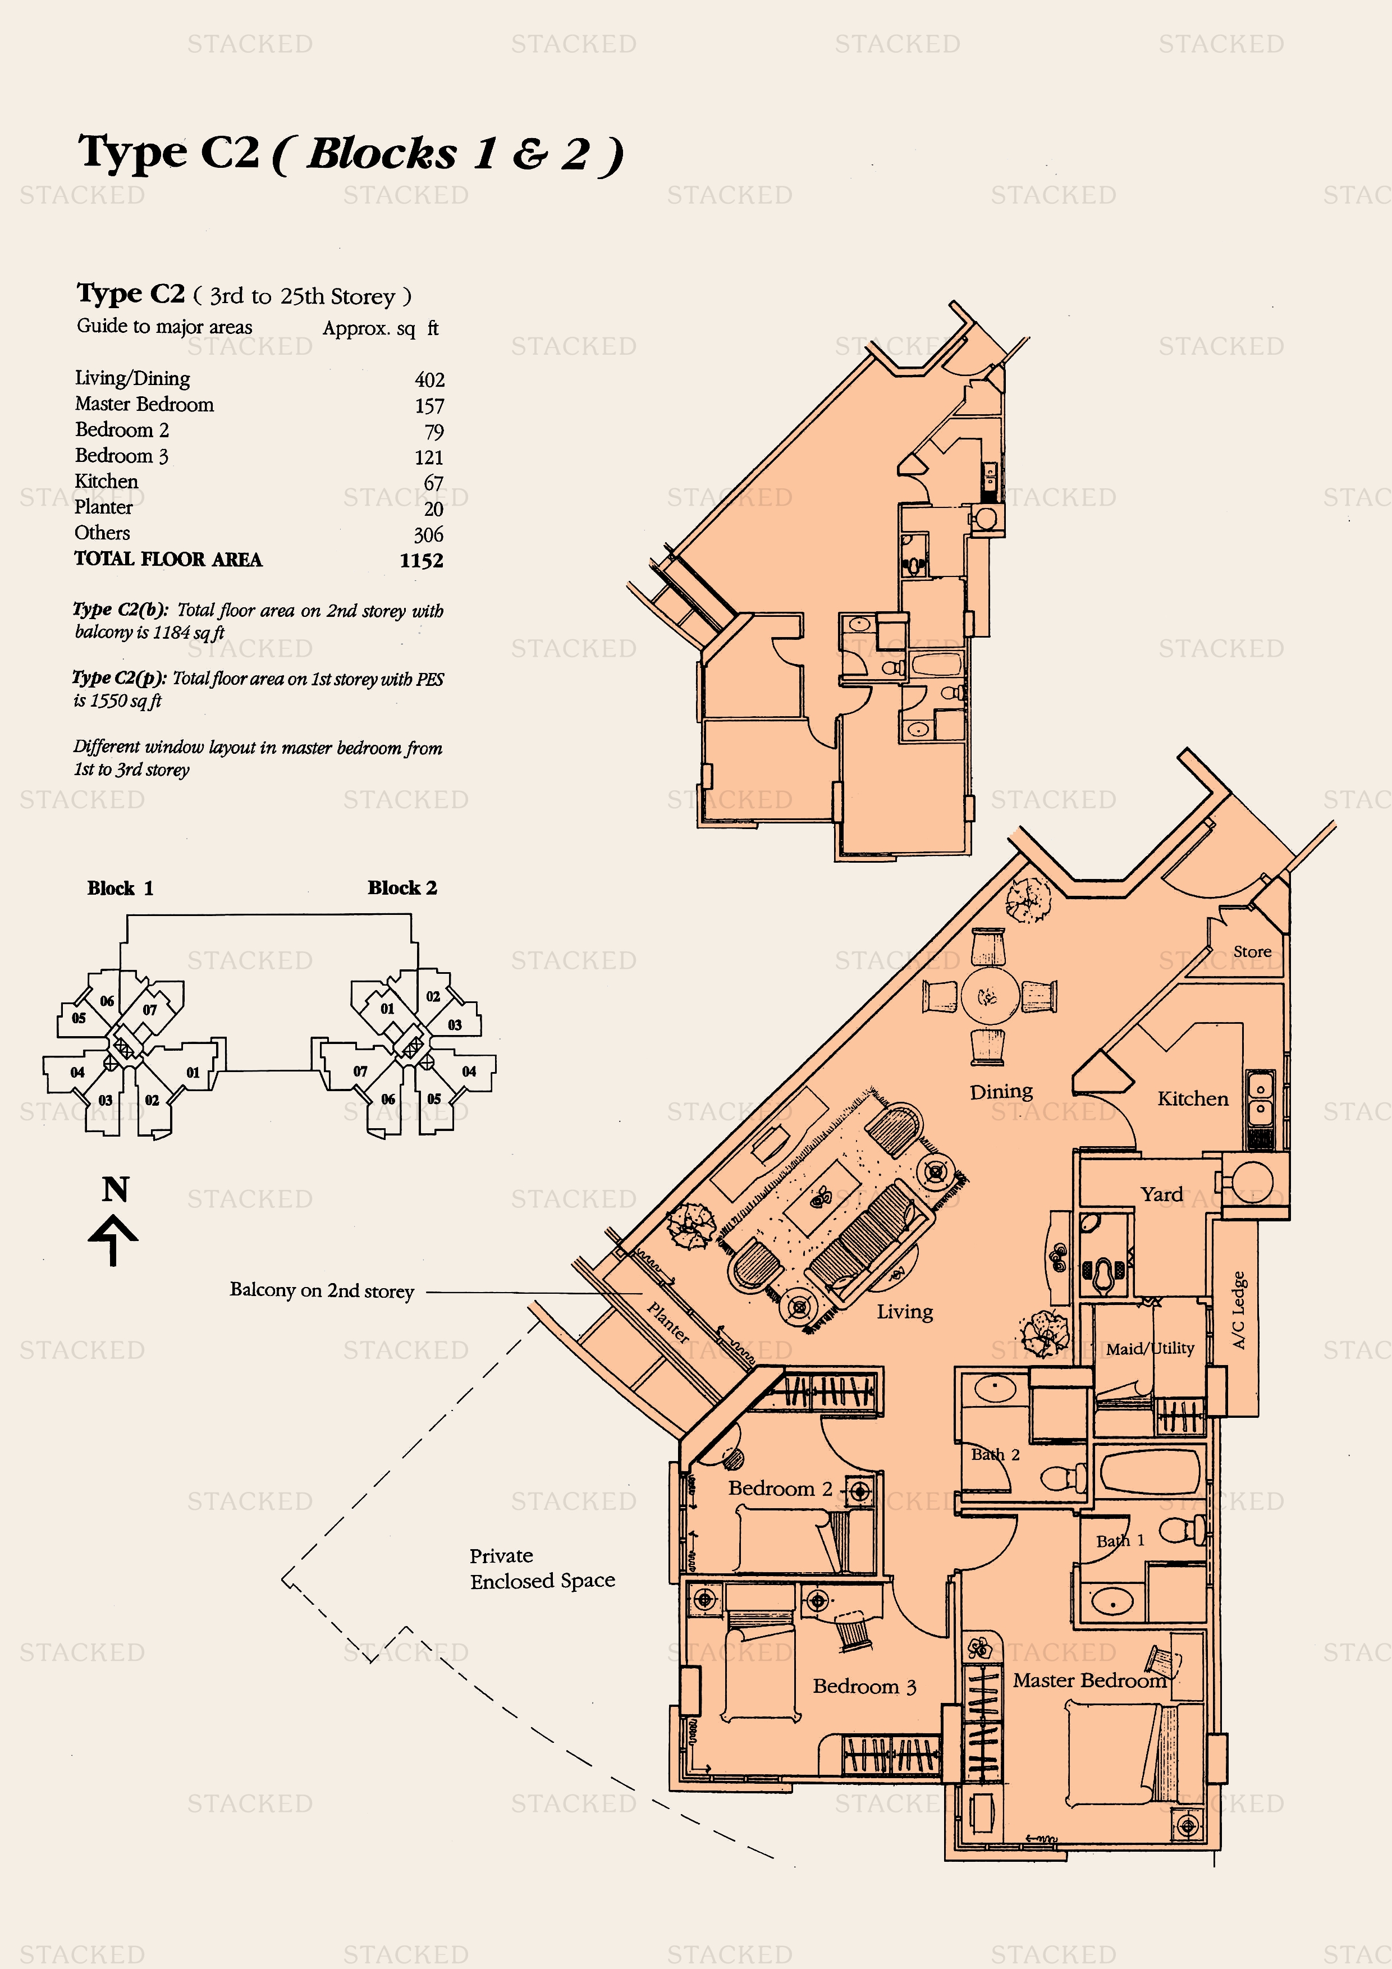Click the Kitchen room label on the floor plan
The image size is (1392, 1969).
pyautogui.click(x=1192, y=1098)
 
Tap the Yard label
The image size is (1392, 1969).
pyautogui.click(x=1161, y=1194)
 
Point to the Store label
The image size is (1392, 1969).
pyautogui.click(x=1252, y=952)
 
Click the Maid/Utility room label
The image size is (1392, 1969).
pyautogui.click(x=1150, y=1349)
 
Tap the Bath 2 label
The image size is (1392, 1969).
pyautogui.click(x=995, y=1454)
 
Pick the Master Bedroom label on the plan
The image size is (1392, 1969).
pyautogui.click(x=1089, y=1681)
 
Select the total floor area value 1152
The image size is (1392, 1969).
pyautogui.click(x=421, y=561)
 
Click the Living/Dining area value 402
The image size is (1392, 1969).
pyautogui.click(x=430, y=380)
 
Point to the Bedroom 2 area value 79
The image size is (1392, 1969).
pyautogui.click(x=434, y=432)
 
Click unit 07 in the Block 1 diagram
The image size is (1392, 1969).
pyautogui.click(x=150, y=1010)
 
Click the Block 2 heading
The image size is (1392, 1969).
pyautogui.click(x=402, y=887)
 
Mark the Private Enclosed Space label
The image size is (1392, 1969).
pyautogui.click(x=542, y=1568)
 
